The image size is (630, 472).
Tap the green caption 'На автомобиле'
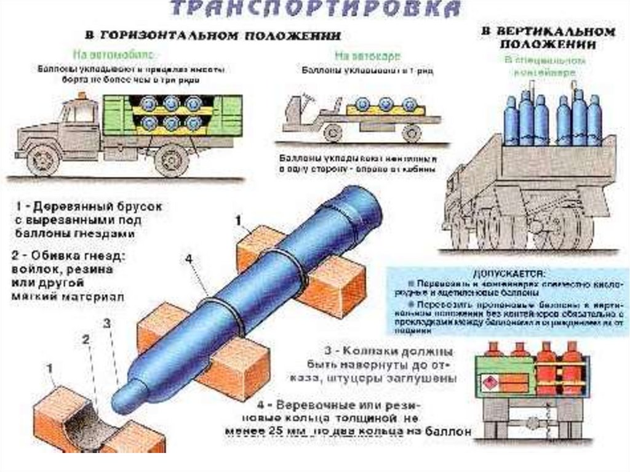point(114,52)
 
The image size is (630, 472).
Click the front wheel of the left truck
point(43,159)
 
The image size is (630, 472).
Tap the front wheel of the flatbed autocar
point(333,132)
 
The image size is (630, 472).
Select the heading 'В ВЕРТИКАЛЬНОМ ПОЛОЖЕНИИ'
point(548,38)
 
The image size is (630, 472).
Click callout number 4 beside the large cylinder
point(189,260)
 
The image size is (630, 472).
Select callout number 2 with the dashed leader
point(86,339)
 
